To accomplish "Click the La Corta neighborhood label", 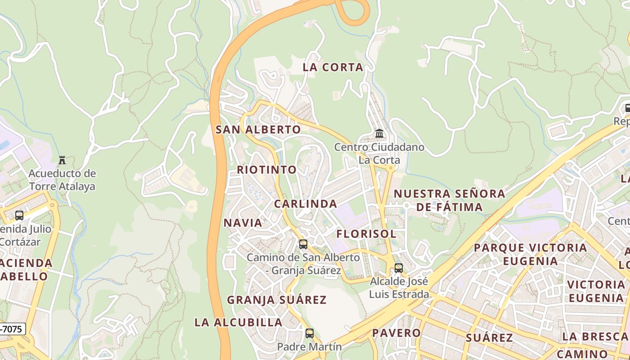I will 333,67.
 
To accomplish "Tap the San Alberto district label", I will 258,130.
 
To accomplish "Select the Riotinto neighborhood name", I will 267,170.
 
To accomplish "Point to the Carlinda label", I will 306,204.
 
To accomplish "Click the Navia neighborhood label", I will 243,223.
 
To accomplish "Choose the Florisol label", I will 366,234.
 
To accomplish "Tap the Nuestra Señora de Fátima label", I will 450,200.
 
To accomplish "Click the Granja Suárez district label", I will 276,300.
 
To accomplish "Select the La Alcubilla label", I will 238,322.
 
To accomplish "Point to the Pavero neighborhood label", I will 396,333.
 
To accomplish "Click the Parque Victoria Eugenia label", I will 530,254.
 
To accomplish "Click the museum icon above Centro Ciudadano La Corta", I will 379,134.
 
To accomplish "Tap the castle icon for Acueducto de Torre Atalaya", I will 62,160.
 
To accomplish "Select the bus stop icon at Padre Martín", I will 310,333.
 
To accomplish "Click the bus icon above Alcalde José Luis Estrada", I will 399,268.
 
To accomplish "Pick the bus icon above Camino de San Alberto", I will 303,244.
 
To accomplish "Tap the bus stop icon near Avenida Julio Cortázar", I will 19,216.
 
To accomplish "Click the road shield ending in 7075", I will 12,329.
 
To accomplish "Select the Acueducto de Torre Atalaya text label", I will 62,180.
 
